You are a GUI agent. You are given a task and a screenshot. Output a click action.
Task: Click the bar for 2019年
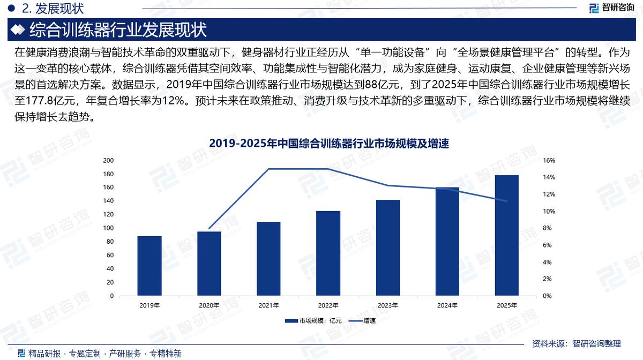(149, 266)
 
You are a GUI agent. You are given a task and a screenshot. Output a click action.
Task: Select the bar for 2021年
(268, 259)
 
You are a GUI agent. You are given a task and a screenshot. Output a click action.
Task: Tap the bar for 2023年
(388, 247)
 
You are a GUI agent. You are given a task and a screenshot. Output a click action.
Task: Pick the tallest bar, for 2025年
(507, 235)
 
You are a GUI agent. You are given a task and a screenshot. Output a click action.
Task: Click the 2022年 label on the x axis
(328, 305)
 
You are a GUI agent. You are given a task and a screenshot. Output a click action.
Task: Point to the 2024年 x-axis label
(447, 305)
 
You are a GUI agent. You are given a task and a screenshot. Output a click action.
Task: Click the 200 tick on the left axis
(108, 160)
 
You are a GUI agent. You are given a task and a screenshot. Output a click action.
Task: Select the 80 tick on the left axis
(110, 242)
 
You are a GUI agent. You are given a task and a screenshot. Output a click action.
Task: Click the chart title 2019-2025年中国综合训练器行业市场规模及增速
(328, 144)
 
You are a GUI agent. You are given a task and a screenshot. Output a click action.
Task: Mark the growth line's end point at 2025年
(507, 201)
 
